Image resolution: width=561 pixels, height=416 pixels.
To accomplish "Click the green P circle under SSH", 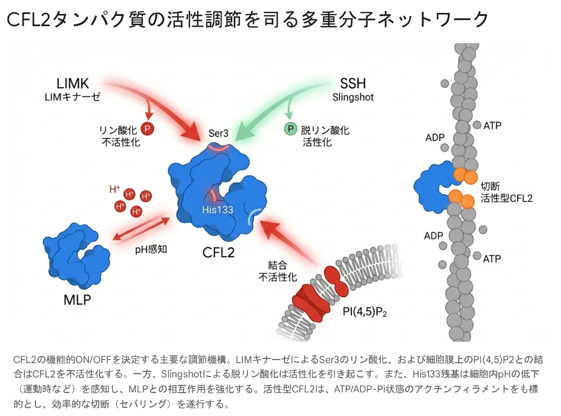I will [x=290, y=129].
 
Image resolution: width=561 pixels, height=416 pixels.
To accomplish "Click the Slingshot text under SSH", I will [x=353, y=97].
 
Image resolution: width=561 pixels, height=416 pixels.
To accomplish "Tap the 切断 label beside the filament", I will [x=491, y=186].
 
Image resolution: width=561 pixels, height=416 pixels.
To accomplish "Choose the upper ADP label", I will [x=435, y=138].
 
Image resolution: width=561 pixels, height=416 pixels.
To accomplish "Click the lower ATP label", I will [x=492, y=258].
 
